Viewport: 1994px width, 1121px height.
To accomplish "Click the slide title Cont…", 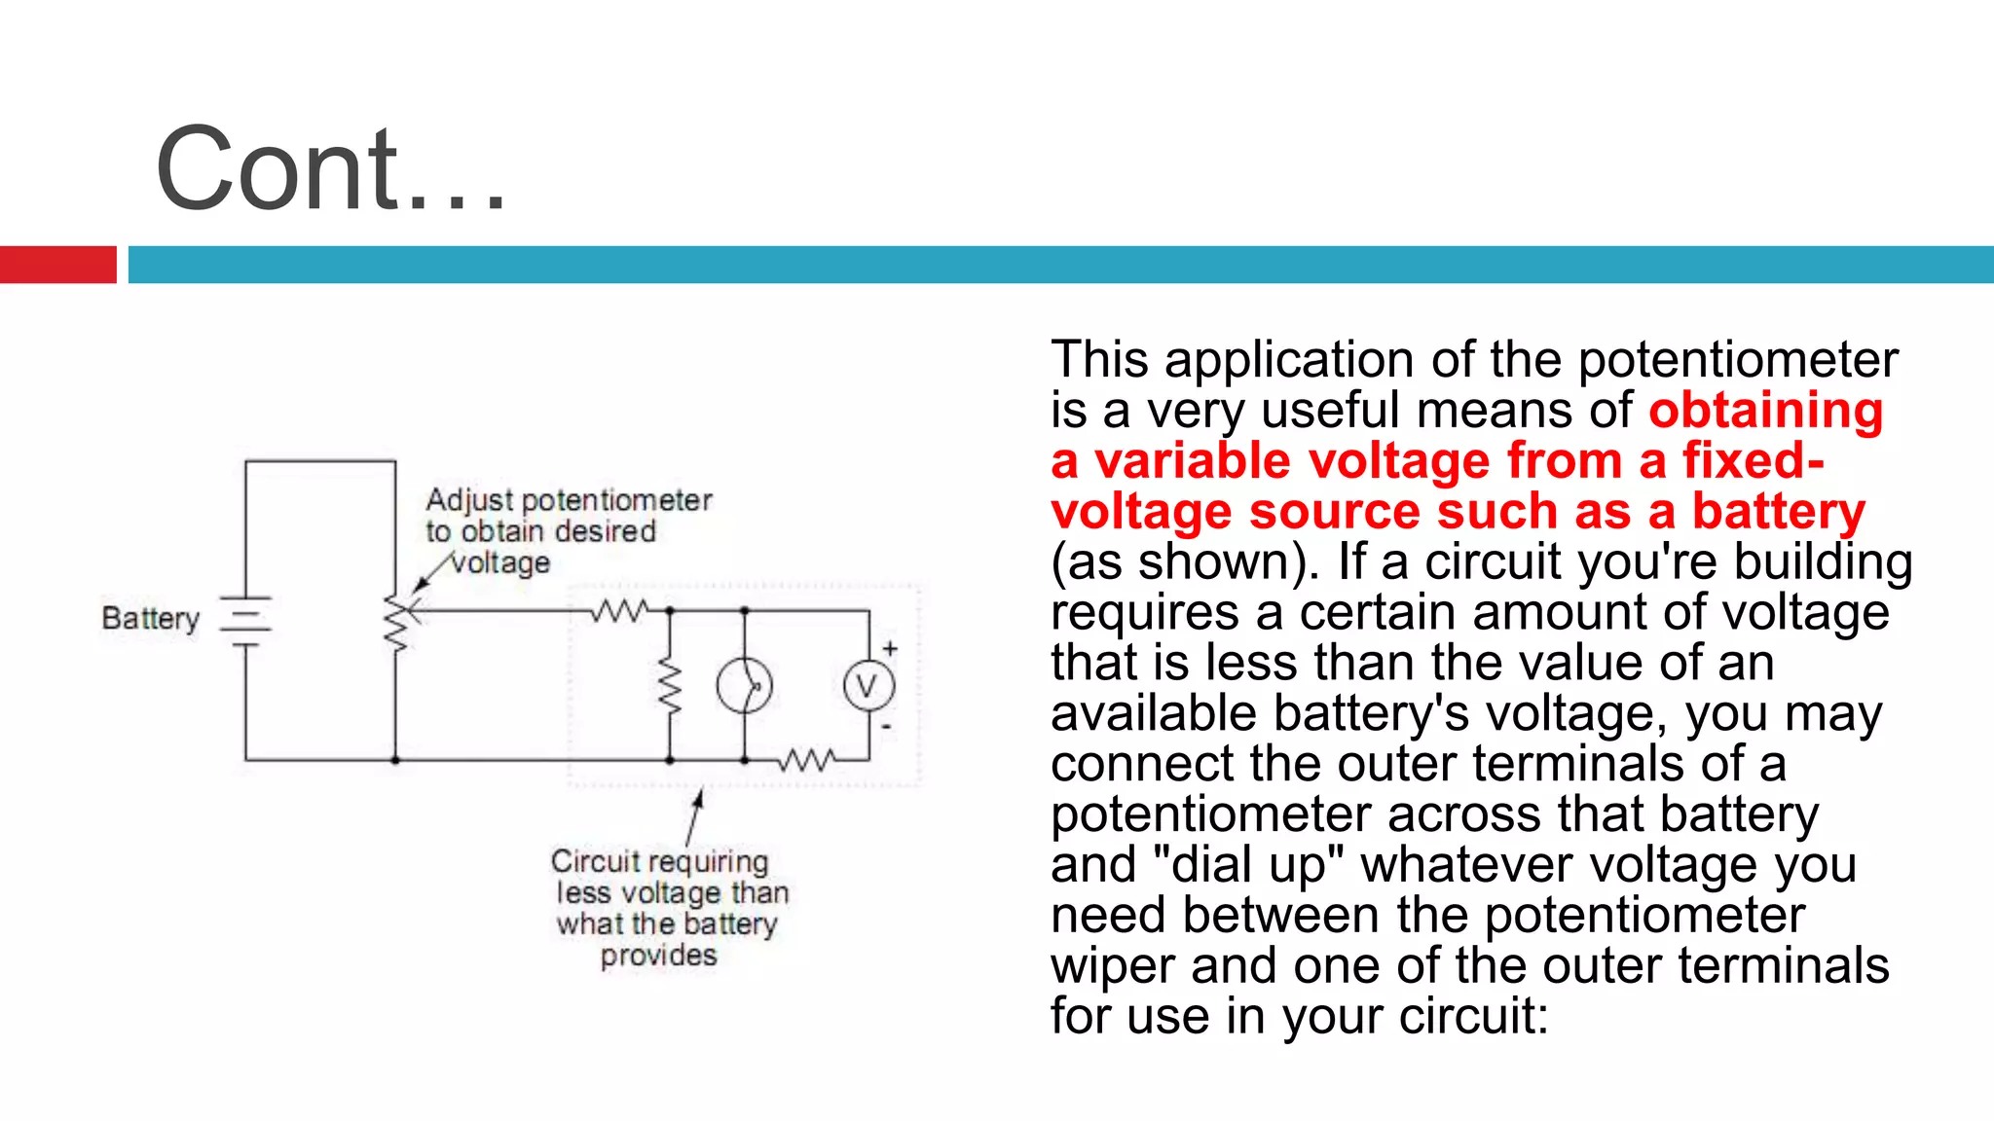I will click(331, 169).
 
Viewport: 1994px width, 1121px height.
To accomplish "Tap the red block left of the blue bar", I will click(57, 265).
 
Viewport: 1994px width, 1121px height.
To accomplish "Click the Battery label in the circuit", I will click(150, 618).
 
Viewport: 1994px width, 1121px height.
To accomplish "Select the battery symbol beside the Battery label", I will click(245, 621).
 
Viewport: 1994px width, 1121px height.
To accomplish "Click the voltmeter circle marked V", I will click(868, 686).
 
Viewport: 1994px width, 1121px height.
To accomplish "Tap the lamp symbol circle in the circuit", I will click(744, 686).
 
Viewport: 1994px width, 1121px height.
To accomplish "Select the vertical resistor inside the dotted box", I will click(670, 686).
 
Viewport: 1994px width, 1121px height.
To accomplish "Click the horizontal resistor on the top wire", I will click(620, 611).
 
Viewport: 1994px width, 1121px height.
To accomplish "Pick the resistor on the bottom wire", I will click(806, 759).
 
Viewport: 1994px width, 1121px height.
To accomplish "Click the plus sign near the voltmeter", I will click(890, 648).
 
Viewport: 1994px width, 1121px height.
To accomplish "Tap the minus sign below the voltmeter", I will click(886, 726).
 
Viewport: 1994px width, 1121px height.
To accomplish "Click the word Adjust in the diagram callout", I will click(469, 500).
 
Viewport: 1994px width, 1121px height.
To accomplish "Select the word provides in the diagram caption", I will click(658, 955).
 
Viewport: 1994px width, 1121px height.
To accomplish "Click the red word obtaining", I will click(1765, 410).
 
